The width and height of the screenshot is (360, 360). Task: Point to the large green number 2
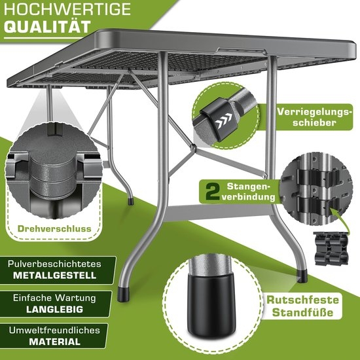tap(211, 191)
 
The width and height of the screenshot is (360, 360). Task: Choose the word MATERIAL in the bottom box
tap(46, 341)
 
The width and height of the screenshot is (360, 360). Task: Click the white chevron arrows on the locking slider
tap(227, 120)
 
